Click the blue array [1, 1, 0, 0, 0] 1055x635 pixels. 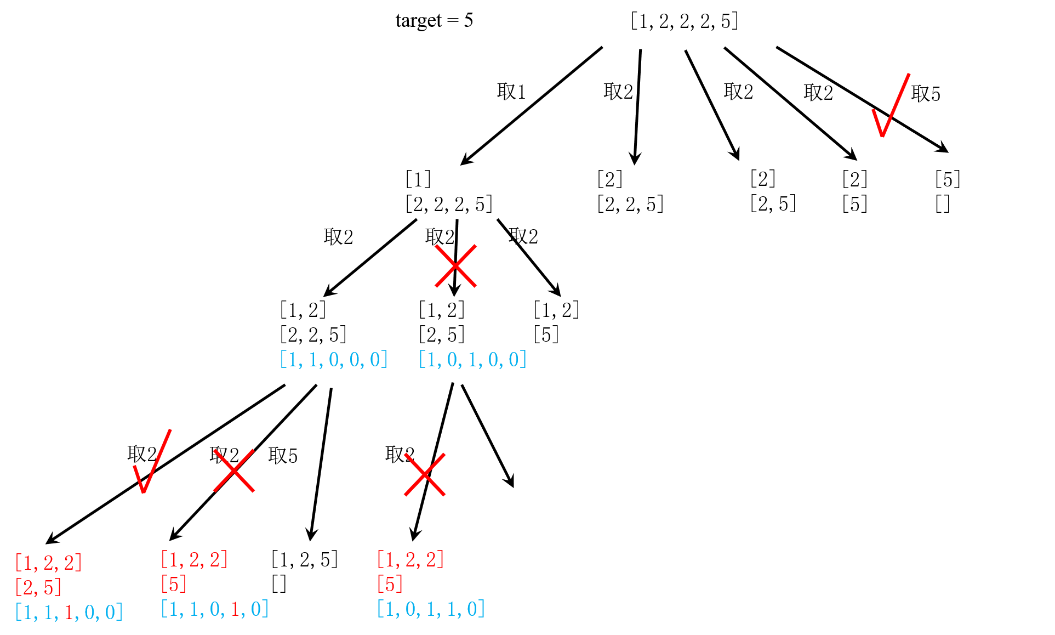click(x=334, y=360)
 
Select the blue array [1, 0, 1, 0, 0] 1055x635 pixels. click(x=472, y=360)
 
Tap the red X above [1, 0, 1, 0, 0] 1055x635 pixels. click(x=455, y=266)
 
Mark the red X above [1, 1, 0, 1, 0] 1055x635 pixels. click(x=234, y=470)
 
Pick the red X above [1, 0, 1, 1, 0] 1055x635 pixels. click(x=425, y=474)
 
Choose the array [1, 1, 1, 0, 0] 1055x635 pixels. click(x=69, y=612)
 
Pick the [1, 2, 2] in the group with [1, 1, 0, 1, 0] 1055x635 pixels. click(x=195, y=560)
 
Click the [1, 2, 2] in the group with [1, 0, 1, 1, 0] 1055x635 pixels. click(x=410, y=560)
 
